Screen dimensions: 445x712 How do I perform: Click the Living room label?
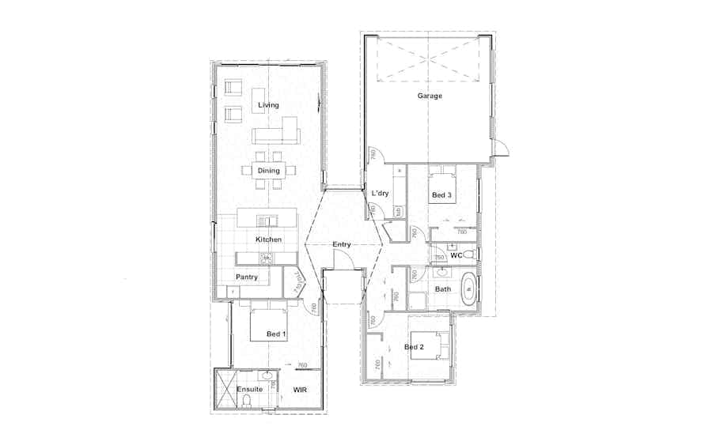(268, 105)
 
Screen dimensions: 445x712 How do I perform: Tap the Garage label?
(430, 96)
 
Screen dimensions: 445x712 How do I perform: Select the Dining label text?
(268, 171)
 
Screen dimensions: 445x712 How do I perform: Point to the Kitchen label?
(268, 239)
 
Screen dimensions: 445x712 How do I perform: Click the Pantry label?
(247, 277)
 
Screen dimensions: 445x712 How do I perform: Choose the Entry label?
(342, 245)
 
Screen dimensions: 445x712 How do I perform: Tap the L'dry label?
(380, 194)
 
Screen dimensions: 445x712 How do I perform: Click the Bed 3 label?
(441, 194)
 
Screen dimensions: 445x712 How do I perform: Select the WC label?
(456, 256)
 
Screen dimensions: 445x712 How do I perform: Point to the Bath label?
(443, 289)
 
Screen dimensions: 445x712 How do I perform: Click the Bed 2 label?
(415, 347)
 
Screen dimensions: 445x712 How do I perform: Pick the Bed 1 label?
(276, 335)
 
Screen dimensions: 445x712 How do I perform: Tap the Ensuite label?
(249, 390)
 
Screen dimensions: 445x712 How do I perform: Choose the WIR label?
(300, 390)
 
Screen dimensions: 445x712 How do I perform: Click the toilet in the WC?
(470, 254)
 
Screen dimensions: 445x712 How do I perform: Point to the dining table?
(268, 171)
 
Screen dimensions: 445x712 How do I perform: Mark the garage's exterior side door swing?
(500, 148)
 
